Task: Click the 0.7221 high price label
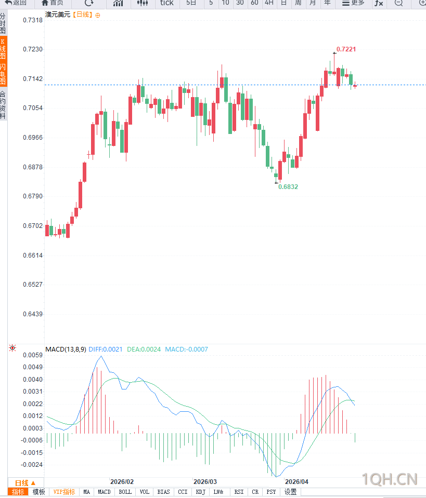(x=346, y=49)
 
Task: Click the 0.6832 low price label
(x=288, y=186)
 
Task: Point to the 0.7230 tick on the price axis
(x=32, y=49)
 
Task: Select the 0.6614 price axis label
(x=32, y=255)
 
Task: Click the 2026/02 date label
(x=122, y=482)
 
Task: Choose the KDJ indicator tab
(x=200, y=492)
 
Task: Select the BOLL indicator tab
(x=125, y=492)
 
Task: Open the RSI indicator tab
(x=238, y=492)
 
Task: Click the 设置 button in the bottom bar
(x=290, y=492)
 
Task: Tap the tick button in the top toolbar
(x=166, y=3)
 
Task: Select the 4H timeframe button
(x=268, y=3)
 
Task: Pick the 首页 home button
(x=52, y=3)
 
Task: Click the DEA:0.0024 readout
(x=144, y=349)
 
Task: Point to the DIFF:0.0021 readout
(x=106, y=349)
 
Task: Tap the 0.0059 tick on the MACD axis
(x=32, y=355)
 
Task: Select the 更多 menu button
(x=353, y=3)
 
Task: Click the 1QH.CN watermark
(x=390, y=478)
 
